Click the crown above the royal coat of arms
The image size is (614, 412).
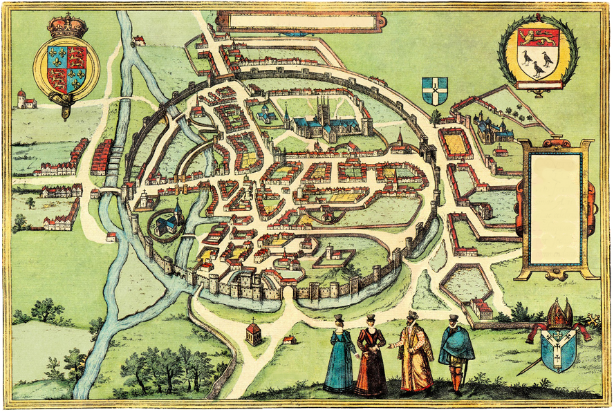click(66, 26)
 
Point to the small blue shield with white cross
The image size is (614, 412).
click(434, 91)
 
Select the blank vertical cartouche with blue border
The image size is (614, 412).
click(556, 209)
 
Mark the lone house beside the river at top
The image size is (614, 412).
click(140, 41)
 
